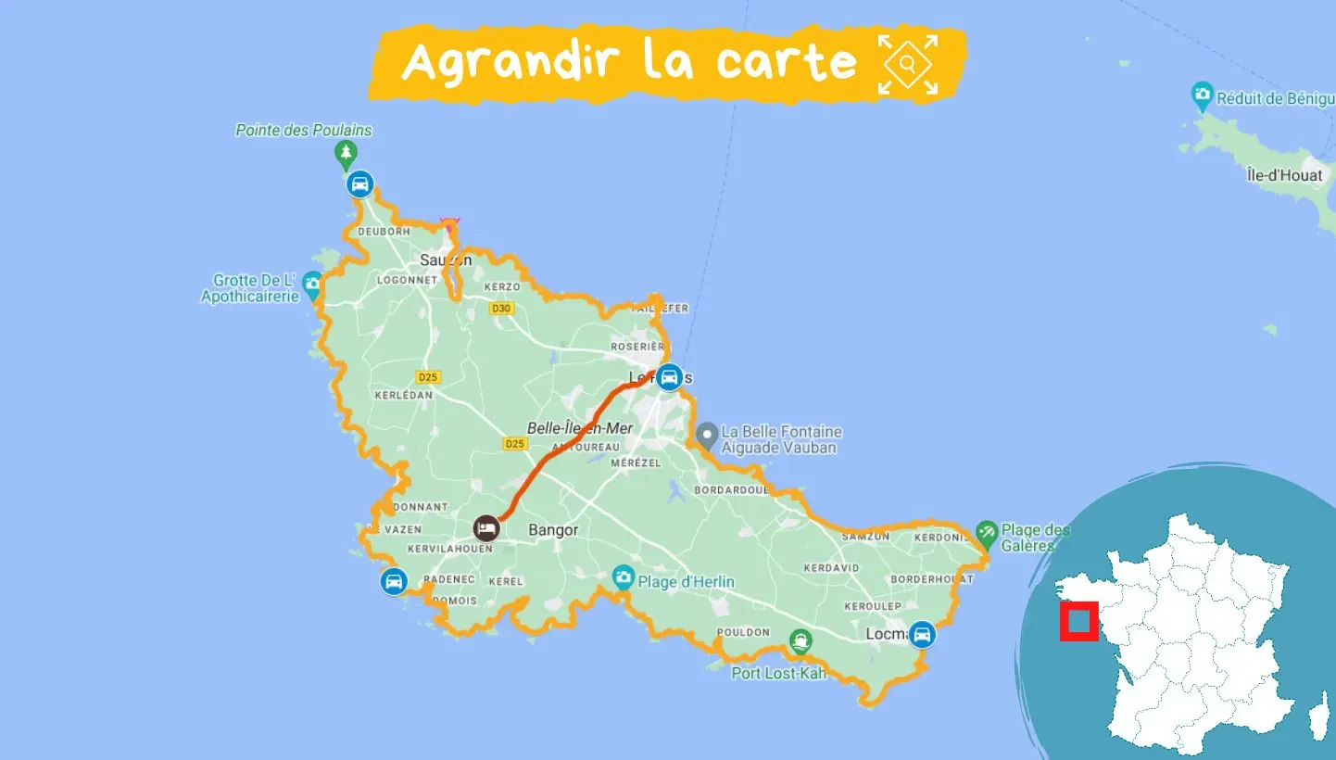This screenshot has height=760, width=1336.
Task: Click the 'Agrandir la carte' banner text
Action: pos(630,61)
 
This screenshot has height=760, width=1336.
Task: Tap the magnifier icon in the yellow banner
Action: pos(908,63)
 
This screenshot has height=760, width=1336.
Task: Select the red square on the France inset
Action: pos(1079,621)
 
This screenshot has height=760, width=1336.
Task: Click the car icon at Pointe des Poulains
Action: pos(360,184)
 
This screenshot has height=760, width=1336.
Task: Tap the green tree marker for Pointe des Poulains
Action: pos(346,153)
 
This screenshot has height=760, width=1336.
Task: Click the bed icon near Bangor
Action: pos(486,528)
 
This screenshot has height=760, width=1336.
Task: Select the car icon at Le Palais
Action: pos(669,376)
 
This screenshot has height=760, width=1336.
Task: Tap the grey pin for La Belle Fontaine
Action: pos(707,434)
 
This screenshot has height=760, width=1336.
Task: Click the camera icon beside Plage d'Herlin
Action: pos(624,576)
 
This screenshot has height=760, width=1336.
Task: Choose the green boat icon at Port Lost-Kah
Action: pos(800,640)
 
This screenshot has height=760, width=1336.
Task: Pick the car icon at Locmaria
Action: pos(921,635)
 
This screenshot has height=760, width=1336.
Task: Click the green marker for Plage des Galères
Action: pos(986,533)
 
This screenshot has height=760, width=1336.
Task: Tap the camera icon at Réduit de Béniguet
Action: pos(1203,94)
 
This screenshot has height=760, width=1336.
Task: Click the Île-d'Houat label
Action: pos(1284,175)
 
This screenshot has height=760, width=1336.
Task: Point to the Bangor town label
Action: pos(553,530)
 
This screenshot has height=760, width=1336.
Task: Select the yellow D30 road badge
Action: pos(501,308)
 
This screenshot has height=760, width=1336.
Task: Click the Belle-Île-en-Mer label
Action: pos(580,428)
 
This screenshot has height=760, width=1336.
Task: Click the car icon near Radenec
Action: pos(394,581)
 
